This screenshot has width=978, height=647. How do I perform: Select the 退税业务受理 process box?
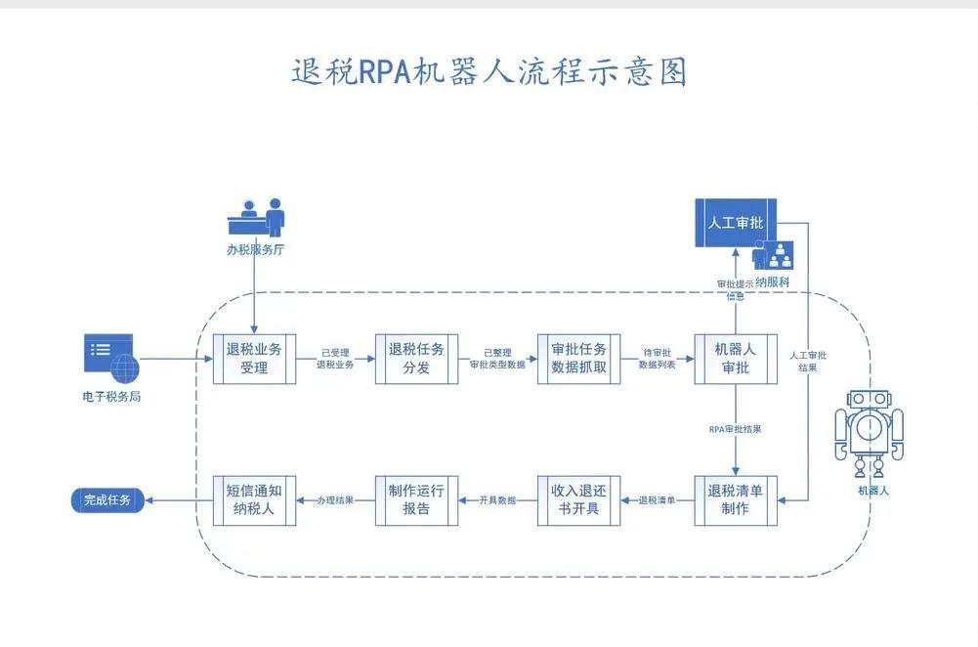(x=254, y=359)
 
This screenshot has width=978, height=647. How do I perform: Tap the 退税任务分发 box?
(x=416, y=359)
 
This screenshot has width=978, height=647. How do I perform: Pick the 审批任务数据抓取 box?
(x=578, y=359)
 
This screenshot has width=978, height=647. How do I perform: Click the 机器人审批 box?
(x=735, y=359)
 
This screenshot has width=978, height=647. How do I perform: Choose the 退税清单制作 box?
(x=735, y=499)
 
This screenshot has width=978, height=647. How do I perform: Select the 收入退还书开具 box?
(x=578, y=499)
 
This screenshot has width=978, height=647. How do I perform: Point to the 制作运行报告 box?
(x=416, y=499)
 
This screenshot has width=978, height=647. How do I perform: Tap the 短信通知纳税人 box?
(x=254, y=499)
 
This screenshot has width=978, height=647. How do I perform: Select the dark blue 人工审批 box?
(x=736, y=223)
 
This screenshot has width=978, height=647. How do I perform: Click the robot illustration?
(x=869, y=425)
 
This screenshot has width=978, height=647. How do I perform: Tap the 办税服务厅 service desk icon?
(x=256, y=216)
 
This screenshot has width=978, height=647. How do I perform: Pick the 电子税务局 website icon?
(x=111, y=359)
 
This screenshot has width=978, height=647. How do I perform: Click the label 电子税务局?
(x=111, y=397)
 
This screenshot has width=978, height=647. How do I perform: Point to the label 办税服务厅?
(x=255, y=249)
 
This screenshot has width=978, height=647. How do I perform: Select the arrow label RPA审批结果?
(x=735, y=429)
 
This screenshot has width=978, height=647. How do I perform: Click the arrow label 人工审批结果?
(x=808, y=362)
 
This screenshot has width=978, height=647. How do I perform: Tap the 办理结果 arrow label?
(x=335, y=500)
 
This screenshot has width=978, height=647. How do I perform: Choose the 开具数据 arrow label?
(x=497, y=500)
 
